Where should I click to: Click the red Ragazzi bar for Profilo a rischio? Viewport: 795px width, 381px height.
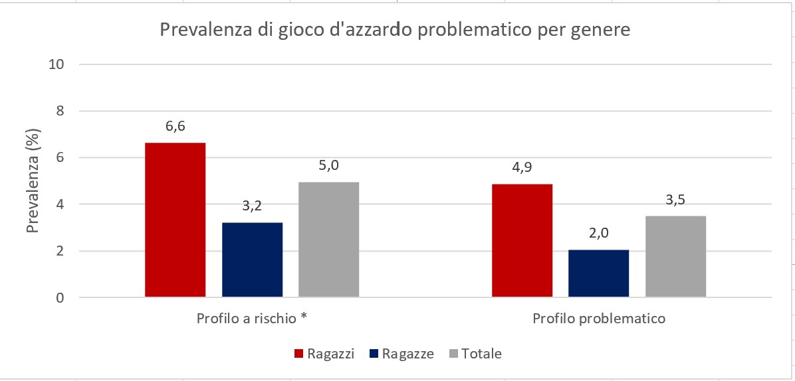175,220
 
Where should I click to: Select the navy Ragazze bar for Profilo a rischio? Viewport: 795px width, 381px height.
252,260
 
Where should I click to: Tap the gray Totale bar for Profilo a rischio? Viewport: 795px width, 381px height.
329,239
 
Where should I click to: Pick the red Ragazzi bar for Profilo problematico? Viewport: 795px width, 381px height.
522,240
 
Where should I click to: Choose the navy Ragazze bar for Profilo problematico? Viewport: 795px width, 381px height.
598,273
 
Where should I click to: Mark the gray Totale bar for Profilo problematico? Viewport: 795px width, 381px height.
675,256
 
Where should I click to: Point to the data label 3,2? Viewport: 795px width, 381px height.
252,207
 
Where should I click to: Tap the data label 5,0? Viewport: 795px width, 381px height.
329,166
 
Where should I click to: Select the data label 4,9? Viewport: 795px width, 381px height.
522,168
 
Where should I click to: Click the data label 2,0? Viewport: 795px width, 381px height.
598,234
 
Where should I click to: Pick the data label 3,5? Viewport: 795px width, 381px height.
675,200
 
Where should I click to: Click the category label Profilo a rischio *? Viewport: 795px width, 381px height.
252,319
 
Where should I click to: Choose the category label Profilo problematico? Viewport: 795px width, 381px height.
599,319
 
